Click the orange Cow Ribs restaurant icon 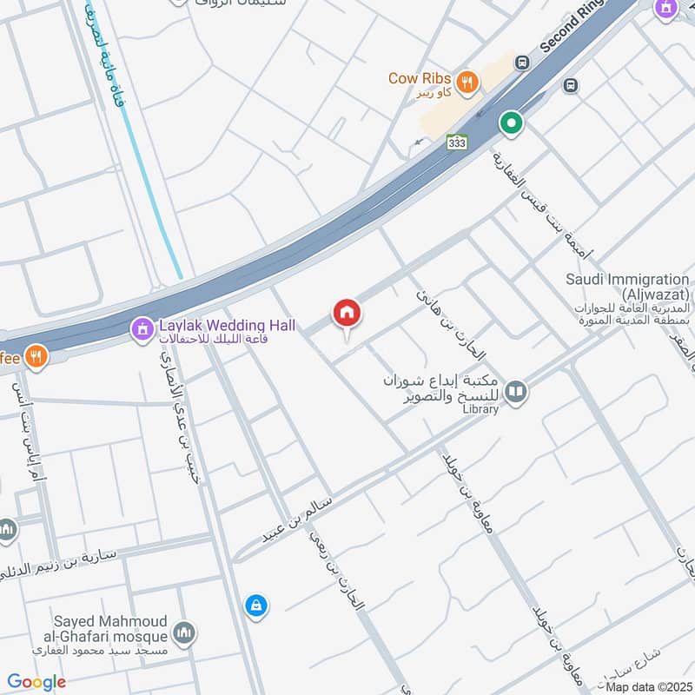click(467, 82)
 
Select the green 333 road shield click(457, 142)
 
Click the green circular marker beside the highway click(512, 123)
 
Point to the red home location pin click(347, 314)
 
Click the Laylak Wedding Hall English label click(227, 326)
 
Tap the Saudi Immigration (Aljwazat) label click(627, 287)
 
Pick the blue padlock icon click(255, 606)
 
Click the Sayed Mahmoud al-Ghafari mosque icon click(183, 633)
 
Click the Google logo click(36, 682)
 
